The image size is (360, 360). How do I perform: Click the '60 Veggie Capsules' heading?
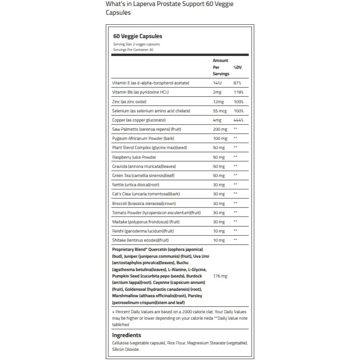138,36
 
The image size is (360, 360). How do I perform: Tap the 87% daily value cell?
237,83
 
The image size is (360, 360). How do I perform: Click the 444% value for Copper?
238,120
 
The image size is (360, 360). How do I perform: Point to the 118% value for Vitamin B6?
238,92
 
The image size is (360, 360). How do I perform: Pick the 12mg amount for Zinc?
218,102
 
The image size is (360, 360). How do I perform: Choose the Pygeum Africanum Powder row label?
143,138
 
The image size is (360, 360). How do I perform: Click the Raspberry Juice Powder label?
134,157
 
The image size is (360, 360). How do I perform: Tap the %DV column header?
238,67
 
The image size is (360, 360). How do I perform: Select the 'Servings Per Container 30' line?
134,49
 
